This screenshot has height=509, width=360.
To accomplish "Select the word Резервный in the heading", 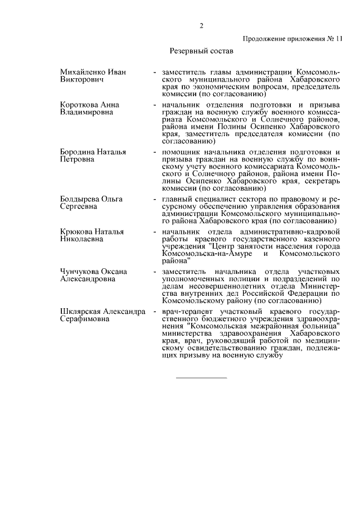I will [189, 51].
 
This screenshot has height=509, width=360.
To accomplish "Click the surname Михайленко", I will [83, 73].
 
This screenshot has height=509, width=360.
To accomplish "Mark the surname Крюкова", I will [76, 231].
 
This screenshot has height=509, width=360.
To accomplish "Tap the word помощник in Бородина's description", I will [180, 152].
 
